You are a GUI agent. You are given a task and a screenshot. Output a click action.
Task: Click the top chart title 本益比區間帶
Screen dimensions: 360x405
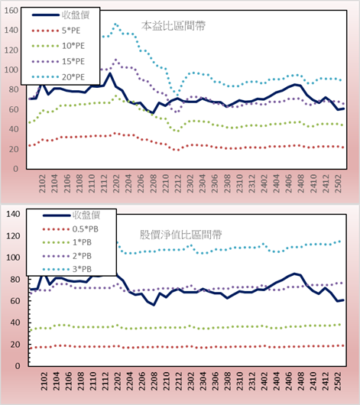pos(174,26)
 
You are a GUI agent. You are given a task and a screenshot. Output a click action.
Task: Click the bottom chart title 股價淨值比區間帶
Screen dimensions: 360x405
pos(181,235)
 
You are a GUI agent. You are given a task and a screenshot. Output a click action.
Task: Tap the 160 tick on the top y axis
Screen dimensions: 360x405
pos(11,11)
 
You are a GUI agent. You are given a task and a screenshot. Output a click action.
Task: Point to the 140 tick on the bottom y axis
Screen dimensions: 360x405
pos(13,214)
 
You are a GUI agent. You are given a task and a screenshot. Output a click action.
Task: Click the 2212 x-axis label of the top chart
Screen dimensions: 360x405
pos(178,183)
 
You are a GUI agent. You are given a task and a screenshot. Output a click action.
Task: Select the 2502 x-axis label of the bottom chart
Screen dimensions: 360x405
pos(338,381)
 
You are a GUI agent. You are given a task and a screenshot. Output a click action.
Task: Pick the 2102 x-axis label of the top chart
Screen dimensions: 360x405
pos(42,183)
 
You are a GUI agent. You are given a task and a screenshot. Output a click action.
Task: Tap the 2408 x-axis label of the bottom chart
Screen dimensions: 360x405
pos(301,381)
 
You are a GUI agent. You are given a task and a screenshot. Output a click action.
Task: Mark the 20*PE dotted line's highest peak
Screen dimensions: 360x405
pos(115,24)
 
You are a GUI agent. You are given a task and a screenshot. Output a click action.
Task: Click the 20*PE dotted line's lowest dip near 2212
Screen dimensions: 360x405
pos(177,93)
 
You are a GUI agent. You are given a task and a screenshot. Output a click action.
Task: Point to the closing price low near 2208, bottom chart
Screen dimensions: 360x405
pos(154,305)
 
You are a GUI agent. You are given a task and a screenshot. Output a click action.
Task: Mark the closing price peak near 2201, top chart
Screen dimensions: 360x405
pos(110,73)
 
